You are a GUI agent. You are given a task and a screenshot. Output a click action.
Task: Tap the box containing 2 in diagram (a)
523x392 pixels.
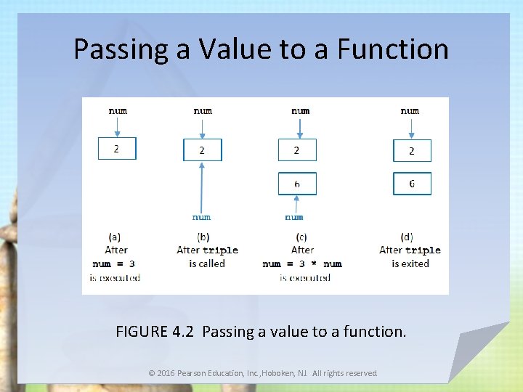point(117,148)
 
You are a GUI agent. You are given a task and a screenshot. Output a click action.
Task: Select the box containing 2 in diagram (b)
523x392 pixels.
point(202,150)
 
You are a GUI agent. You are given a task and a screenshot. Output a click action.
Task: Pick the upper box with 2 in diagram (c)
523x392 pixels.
point(297,150)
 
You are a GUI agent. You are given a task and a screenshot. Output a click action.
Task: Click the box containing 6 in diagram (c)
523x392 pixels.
point(297,184)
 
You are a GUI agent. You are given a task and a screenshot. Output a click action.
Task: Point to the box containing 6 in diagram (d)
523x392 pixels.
point(412,184)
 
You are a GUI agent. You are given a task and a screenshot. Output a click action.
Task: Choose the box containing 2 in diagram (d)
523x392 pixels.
point(412,150)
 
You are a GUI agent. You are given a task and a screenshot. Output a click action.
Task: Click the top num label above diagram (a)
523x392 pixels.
point(118,110)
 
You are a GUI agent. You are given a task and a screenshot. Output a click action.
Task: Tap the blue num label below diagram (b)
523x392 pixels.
point(201,216)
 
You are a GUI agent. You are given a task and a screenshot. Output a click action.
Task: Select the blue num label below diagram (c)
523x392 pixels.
point(294,216)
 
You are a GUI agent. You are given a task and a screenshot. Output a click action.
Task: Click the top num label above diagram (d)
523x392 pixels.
point(410,110)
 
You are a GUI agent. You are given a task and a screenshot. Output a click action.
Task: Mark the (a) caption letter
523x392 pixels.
point(115,236)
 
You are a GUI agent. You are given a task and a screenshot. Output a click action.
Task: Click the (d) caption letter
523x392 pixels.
point(407,236)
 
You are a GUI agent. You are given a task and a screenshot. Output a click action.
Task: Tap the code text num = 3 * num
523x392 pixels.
point(302,264)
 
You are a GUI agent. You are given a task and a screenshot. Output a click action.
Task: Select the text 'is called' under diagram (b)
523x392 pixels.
point(207,264)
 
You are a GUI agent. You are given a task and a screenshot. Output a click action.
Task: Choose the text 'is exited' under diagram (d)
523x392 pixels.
point(410,264)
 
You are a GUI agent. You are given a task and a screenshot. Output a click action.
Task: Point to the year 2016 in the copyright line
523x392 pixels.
point(169,373)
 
